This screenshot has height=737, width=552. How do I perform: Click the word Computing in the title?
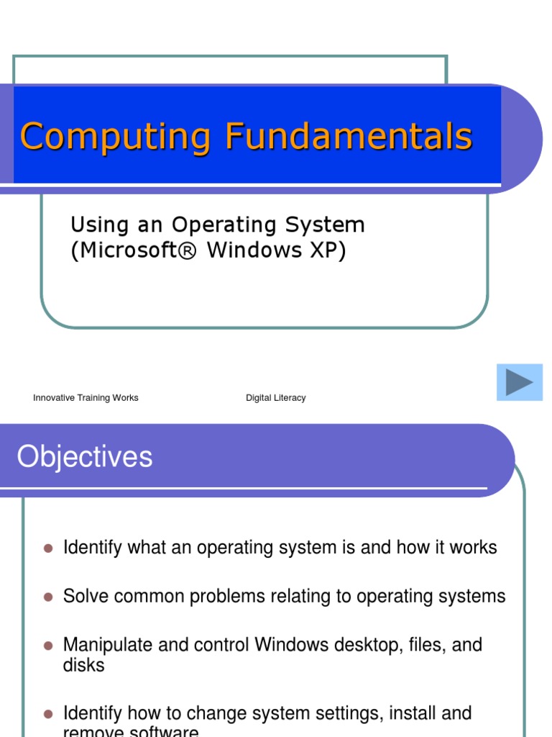point(115,137)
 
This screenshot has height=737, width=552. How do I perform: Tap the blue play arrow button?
point(519,382)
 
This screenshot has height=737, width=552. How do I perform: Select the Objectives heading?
point(85,457)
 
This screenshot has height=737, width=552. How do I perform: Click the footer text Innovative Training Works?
point(86,398)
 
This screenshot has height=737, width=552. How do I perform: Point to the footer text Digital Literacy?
point(275,398)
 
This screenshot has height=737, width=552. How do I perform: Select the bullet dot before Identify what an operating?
point(49,548)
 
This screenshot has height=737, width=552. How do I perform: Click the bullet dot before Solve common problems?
point(49,597)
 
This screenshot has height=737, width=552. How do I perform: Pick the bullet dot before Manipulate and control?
point(49,646)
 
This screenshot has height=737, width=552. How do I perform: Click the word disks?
point(83,665)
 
